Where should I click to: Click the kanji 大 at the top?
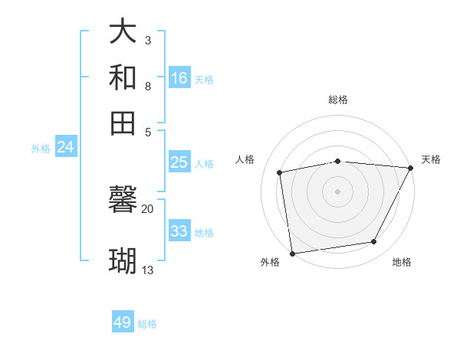tap(123, 32)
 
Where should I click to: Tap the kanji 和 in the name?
tap(123, 78)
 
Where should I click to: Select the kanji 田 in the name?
tap(123, 123)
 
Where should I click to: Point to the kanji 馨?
tap(123, 200)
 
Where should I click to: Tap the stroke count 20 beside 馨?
tap(148, 209)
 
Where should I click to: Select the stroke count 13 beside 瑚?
tap(148, 270)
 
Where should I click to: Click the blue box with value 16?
tap(179, 78)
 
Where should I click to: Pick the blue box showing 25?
tap(179, 162)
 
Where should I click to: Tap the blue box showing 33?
tap(179, 231)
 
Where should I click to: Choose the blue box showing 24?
tap(66, 148)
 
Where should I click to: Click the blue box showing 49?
tap(123, 322)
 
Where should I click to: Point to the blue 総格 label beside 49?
tap(147, 324)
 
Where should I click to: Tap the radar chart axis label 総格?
tap(338, 100)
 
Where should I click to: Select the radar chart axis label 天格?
tap(431, 159)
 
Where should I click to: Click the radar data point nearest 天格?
tap(410, 168)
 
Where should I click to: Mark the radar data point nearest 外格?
tap(292, 253)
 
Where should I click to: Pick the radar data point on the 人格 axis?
tap(280, 172)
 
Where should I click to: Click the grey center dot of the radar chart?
tap(337, 191)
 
